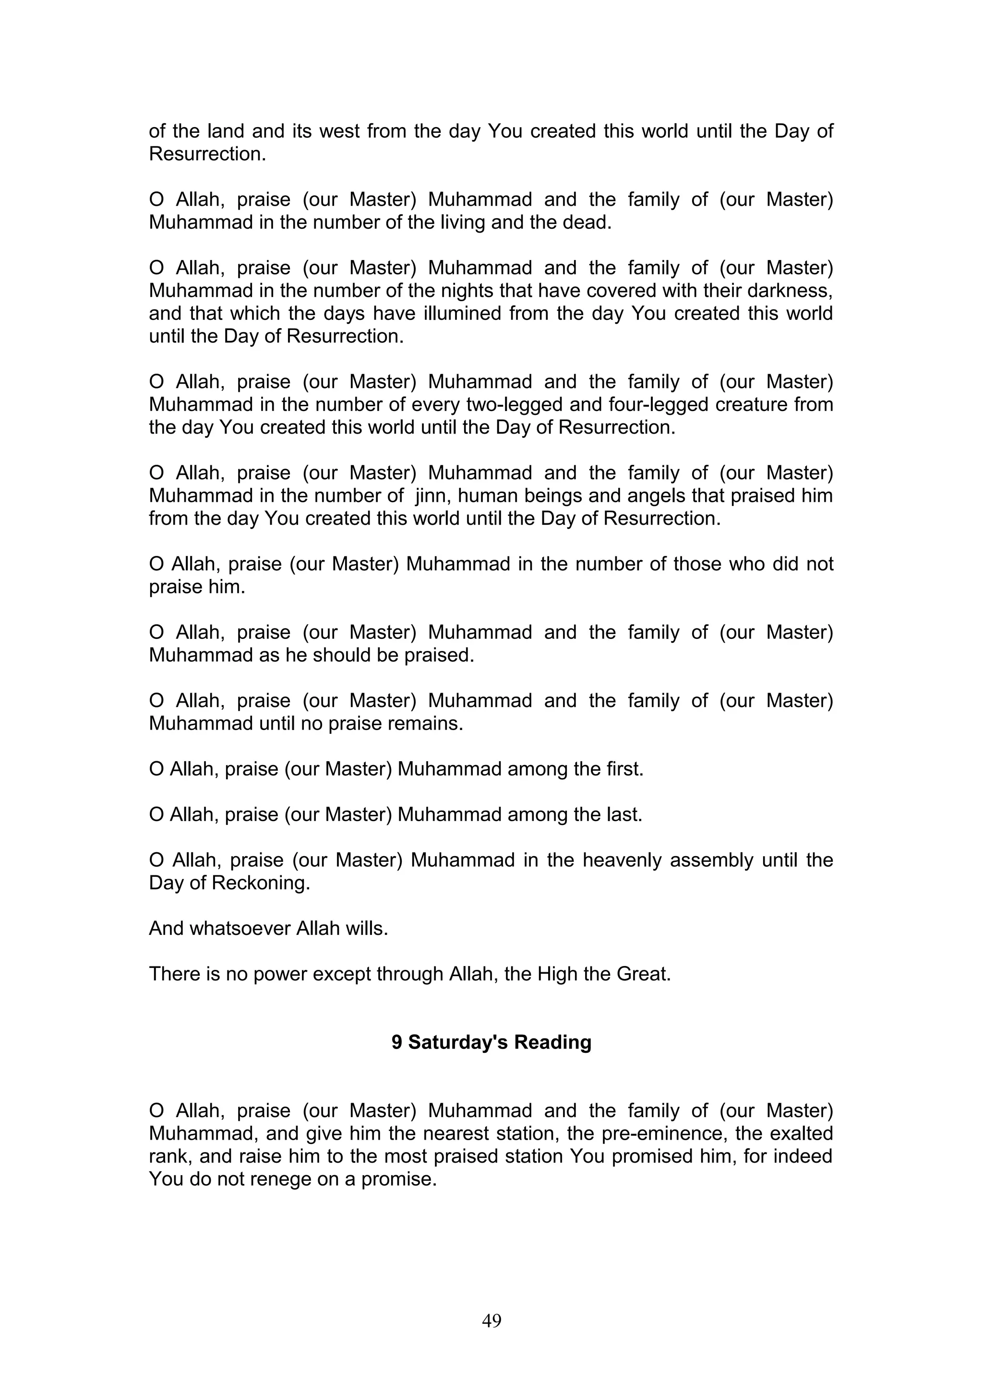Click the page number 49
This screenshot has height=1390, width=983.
pyautogui.click(x=491, y=1320)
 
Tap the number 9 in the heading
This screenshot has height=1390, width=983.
pyautogui.click(x=397, y=1042)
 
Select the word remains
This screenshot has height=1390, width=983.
pyautogui.click(x=430, y=723)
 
